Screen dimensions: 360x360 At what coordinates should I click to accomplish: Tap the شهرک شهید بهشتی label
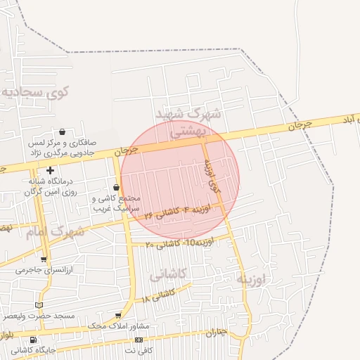[x=188, y=121]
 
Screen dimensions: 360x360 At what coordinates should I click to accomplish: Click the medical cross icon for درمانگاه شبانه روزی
[x=50, y=170]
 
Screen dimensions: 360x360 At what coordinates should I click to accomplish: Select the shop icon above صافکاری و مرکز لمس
[x=63, y=131]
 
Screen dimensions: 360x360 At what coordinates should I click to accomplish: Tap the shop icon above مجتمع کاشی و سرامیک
[x=116, y=187]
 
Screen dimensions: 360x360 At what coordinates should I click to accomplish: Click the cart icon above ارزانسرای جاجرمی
[x=44, y=259]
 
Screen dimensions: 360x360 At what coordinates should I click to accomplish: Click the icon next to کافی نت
[x=139, y=340]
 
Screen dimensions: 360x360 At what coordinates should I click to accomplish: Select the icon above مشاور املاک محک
[x=117, y=316]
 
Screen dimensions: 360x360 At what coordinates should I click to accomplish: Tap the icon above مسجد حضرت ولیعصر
[x=39, y=305]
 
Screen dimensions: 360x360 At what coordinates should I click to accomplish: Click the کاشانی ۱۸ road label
[x=159, y=295]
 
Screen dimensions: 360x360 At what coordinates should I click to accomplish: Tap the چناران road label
[x=219, y=333]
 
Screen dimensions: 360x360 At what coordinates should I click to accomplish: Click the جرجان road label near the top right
[x=299, y=127]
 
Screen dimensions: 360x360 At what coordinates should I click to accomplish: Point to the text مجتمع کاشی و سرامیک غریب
[x=117, y=203]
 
